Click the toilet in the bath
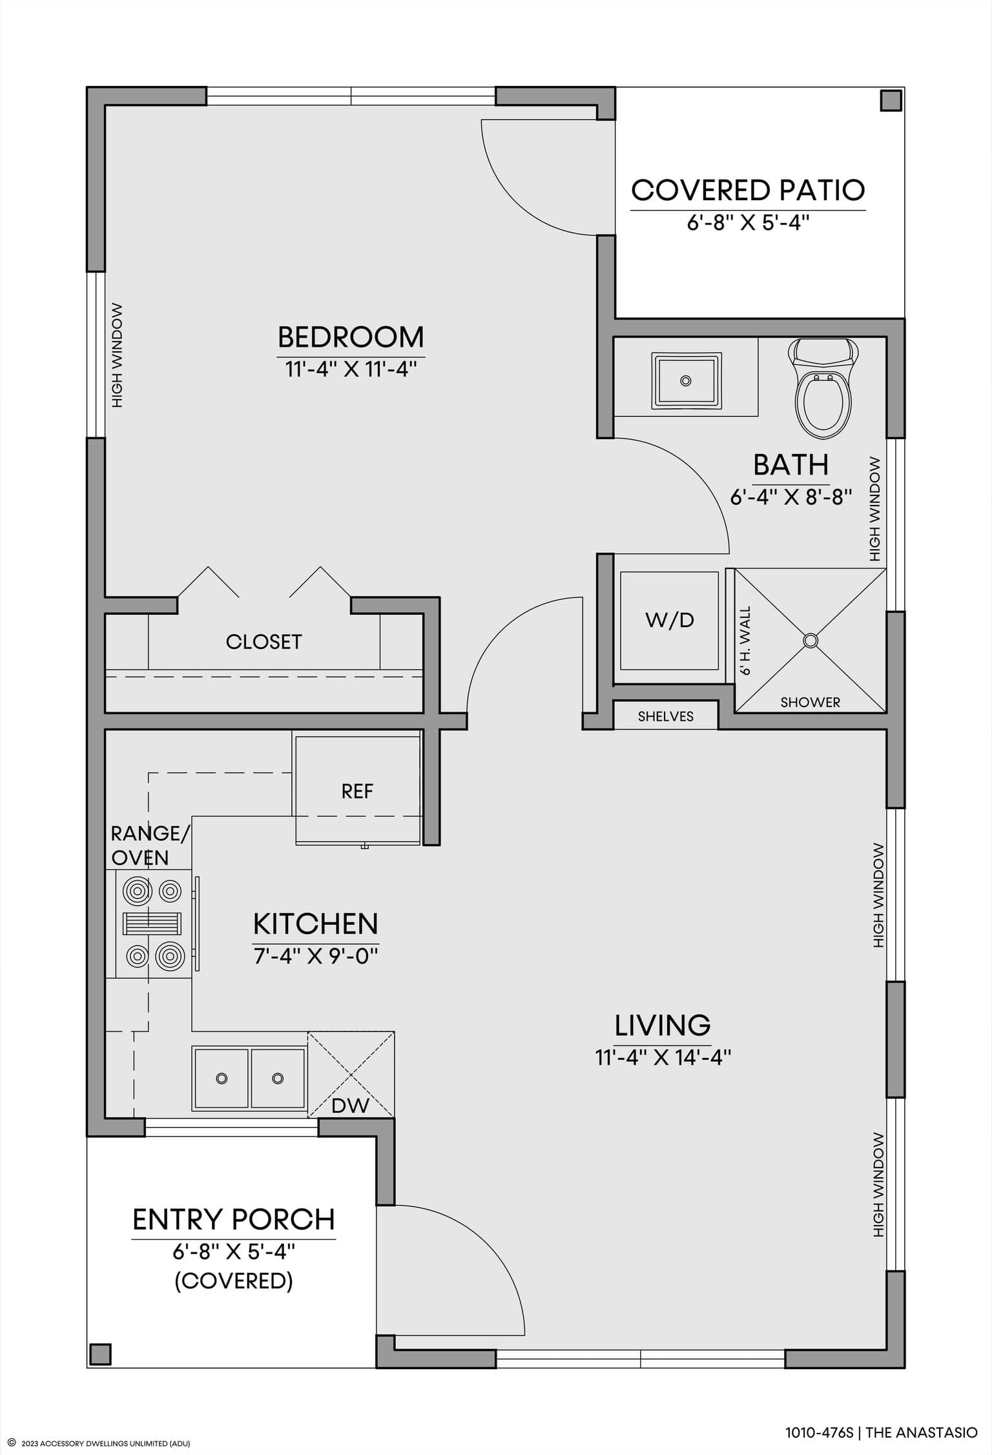pos(823,389)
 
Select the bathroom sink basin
pos(686,380)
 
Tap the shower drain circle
pos(811,640)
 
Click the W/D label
pos(670,621)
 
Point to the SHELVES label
pos(666,716)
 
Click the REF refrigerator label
pos(358,791)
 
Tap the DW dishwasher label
pos(350,1106)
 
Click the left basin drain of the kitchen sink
pos(222,1078)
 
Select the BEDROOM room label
pos(351,337)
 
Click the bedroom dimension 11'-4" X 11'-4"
pos(351,370)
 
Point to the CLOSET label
pos(263,642)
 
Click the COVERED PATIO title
pos(748,190)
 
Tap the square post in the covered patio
pos(891,101)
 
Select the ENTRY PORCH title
pos(234,1220)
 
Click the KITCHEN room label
pos(316,924)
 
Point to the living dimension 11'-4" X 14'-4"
pos(663,1058)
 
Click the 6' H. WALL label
pos(745,641)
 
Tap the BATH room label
pos(791,465)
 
